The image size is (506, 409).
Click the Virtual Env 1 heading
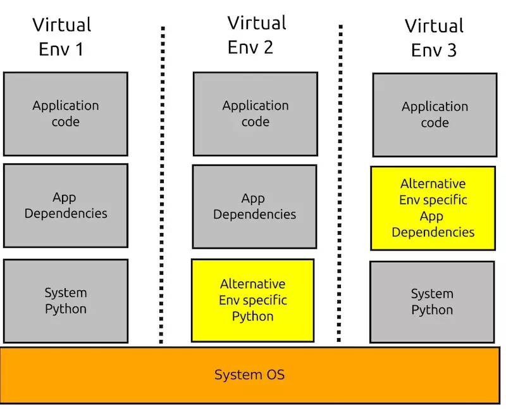tap(61, 37)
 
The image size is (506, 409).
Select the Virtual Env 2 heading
tap(256, 35)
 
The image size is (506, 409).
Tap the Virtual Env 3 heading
tap(434, 38)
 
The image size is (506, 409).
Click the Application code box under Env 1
tap(66, 113)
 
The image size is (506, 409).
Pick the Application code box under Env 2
tap(255, 113)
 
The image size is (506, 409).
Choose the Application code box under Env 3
tap(435, 115)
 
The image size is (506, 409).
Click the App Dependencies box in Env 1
tap(66, 205)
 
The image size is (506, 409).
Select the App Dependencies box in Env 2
tap(254, 206)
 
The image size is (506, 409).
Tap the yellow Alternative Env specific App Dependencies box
tap(433, 208)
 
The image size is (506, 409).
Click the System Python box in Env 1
tap(66, 301)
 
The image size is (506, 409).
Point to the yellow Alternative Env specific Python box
tap(252, 300)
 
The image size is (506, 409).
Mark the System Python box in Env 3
tap(432, 302)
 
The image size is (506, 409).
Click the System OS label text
tap(249, 375)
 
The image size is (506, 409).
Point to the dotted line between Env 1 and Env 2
tap(163, 184)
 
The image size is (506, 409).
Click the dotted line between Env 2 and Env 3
tap(340, 184)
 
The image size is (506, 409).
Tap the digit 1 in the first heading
tap(79, 49)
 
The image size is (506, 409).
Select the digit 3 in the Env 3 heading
tap(451, 50)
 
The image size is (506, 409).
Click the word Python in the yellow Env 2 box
tap(252, 316)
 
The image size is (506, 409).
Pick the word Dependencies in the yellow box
tap(433, 232)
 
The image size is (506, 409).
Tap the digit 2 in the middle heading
tap(268, 47)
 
